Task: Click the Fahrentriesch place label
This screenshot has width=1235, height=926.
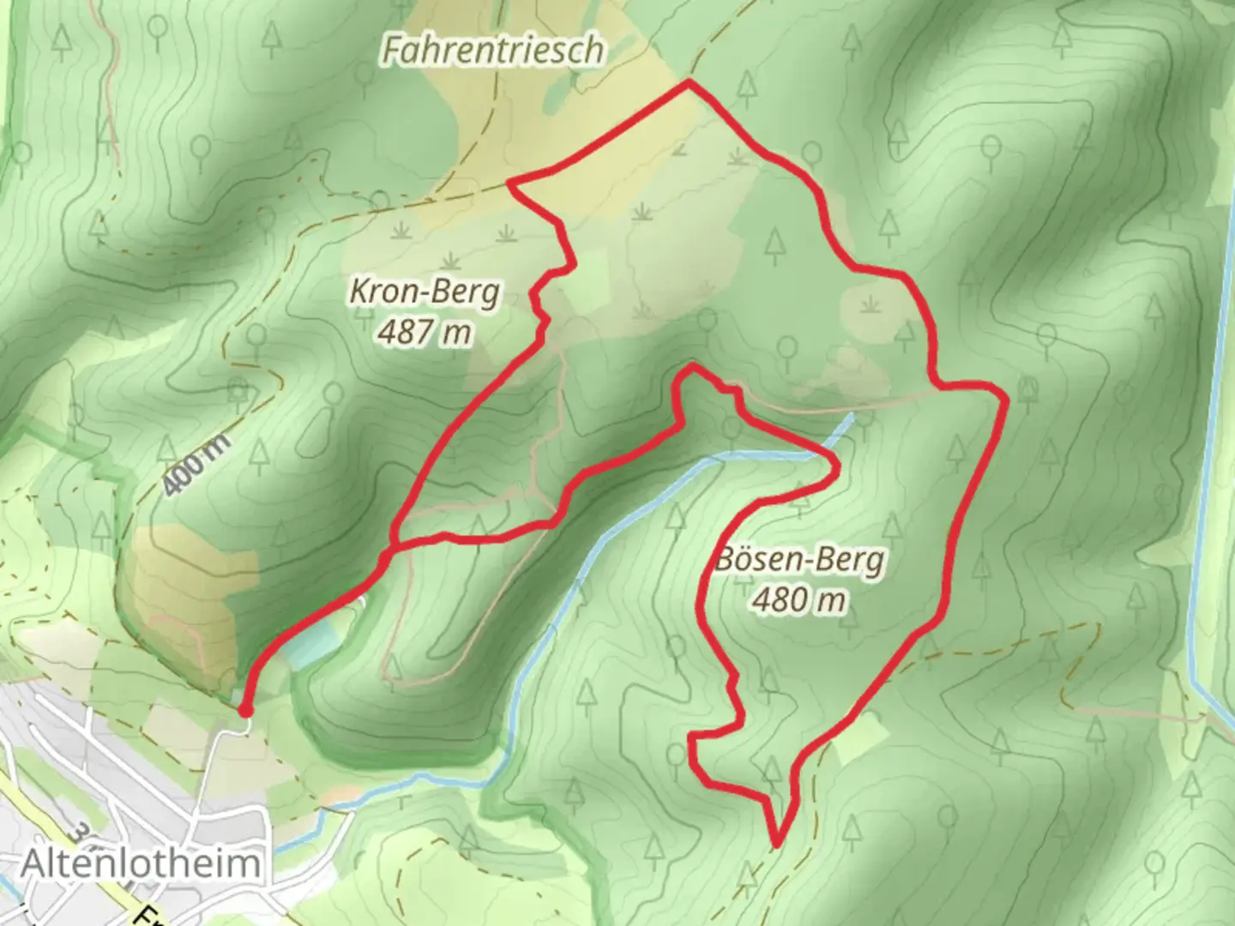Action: [492, 51]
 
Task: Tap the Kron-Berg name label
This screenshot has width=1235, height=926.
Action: [424, 292]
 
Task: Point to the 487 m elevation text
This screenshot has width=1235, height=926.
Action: [425, 331]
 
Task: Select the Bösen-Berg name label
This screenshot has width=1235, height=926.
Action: [798, 561]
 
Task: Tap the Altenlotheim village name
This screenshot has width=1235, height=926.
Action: [140, 863]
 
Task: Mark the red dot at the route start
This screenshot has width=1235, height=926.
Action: [244, 711]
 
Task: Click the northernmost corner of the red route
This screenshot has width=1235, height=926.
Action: [688, 82]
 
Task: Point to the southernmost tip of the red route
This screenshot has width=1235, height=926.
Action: [777, 845]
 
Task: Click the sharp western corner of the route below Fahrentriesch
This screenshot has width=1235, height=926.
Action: [511, 183]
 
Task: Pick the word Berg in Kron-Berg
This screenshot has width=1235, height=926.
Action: [466, 292]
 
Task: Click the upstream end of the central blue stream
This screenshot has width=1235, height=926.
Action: [851, 417]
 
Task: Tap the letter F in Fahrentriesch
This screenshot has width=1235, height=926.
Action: [391, 51]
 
